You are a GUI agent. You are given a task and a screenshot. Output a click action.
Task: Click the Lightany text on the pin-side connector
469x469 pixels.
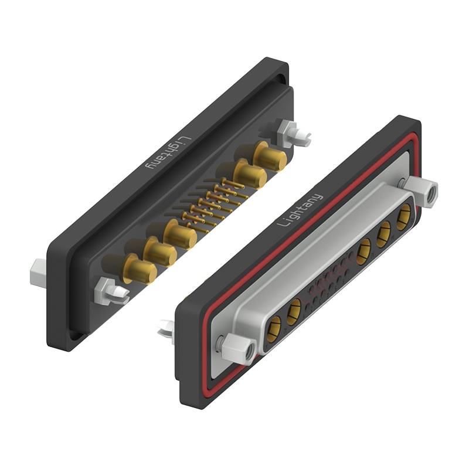pyautogui.click(x=166, y=154)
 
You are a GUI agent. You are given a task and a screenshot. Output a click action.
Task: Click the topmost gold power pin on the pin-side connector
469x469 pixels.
pyautogui.click(x=270, y=157)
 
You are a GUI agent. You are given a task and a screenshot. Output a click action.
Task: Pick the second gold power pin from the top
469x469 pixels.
pyautogui.click(x=249, y=174)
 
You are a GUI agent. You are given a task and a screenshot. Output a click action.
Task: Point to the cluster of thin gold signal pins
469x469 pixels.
pyautogui.click(x=214, y=203)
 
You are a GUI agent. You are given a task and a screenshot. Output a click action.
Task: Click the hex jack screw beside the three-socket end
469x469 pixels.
pyautogui.click(x=424, y=192)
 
